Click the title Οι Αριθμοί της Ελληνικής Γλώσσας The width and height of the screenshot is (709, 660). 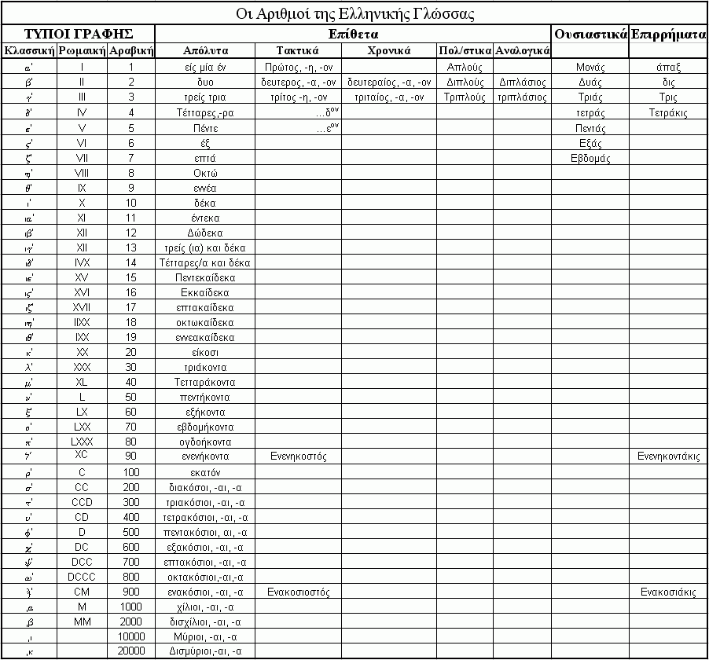point(354,14)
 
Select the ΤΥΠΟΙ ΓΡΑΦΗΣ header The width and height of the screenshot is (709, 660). point(78,34)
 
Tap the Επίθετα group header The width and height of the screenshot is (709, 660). point(353,35)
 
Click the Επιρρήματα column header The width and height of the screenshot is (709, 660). point(669,35)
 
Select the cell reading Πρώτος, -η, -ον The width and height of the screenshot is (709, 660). point(299,68)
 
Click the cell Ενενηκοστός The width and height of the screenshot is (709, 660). point(299,456)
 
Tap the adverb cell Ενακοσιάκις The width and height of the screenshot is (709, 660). point(669,592)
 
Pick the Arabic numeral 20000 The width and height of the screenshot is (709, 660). point(130,651)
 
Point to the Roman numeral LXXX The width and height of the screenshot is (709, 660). point(82,441)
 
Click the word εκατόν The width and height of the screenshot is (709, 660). point(204,473)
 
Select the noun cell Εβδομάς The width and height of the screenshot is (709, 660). point(590,158)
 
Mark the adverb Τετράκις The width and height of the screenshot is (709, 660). point(669,113)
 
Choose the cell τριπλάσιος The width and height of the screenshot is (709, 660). point(522,98)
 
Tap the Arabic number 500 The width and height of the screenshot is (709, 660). point(130,533)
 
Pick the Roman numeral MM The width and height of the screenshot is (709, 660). point(82,621)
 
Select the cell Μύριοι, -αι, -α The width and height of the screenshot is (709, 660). point(204,636)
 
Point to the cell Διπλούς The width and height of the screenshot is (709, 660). point(465,82)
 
